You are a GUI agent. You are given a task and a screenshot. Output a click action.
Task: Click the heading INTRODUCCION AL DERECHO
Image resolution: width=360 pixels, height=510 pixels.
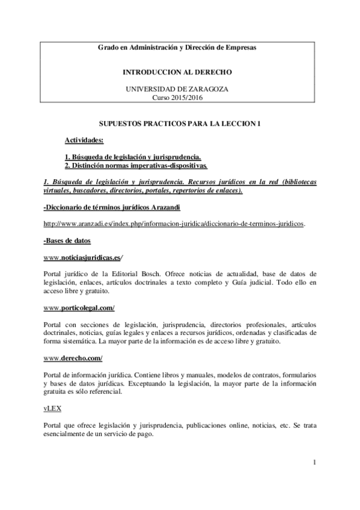(x=177, y=72)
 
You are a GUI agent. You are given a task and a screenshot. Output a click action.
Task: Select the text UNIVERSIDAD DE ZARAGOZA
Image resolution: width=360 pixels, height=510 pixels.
(x=177, y=88)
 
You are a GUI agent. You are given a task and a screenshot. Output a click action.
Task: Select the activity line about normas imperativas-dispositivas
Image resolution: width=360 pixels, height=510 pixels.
(x=136, y=165)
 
